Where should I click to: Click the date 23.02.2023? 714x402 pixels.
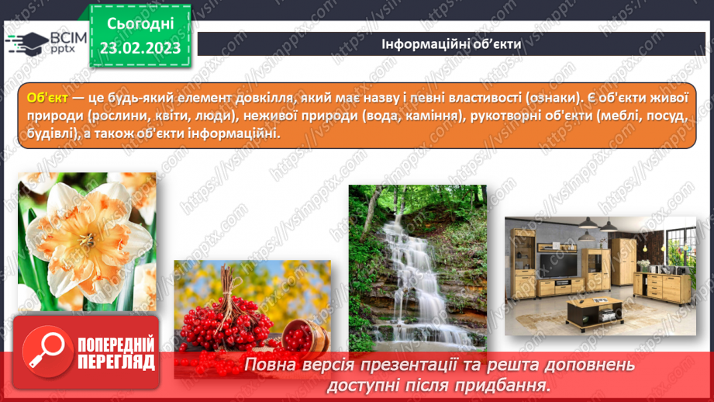click(140, 47)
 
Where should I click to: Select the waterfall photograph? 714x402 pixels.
click(417, 267)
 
